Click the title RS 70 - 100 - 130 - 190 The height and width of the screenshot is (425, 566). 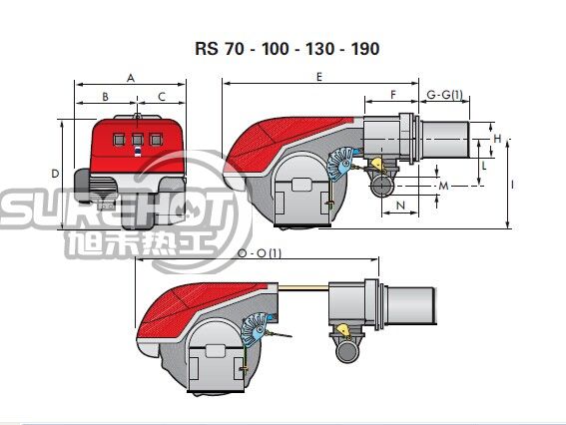point(286,49)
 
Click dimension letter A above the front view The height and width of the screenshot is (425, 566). point(131,78)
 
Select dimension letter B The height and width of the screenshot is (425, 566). point(105,97)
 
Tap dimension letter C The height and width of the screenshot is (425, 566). point(162,97)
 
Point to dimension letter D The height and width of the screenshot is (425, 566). point(55,174)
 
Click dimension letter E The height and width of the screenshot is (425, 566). point(319,77)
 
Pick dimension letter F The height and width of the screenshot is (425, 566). point(393,95)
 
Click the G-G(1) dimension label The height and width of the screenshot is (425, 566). point(444,95)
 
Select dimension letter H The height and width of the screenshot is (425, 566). point(497,139)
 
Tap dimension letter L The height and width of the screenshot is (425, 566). point(484,166)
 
